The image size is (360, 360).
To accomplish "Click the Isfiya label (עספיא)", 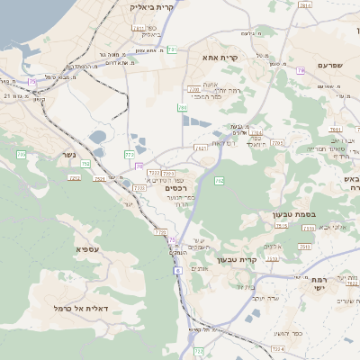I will point(87,248).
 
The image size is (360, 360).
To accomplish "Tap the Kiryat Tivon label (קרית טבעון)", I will point(263,260).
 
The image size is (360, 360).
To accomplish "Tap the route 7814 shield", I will point(305,5).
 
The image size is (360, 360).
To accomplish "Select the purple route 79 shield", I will point(300,69).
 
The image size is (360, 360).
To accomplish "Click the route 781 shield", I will point(171,49).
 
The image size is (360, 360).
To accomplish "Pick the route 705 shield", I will point(193,89).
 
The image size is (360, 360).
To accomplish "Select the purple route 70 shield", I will point(139,166).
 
